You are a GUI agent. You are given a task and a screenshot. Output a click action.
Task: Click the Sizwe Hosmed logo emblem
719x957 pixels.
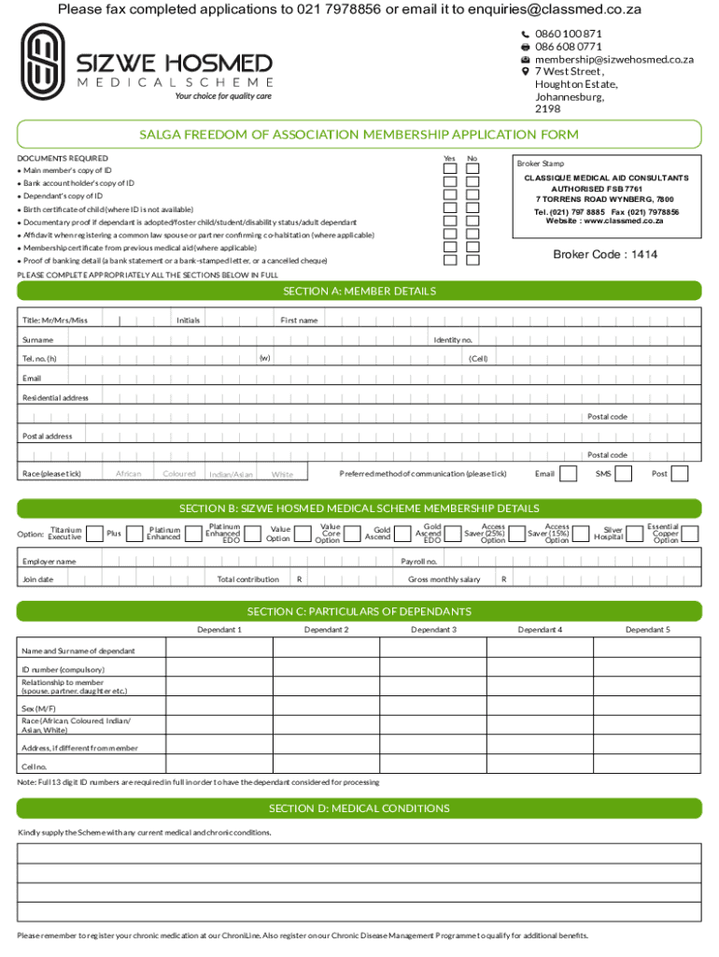coord(44,62)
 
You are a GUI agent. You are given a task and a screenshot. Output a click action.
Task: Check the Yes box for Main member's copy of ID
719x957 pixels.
coord(450,169)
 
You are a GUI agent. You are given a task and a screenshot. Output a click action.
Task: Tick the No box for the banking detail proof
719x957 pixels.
coord(472,260)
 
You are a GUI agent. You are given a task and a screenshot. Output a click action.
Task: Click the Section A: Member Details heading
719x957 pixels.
coord(359,292)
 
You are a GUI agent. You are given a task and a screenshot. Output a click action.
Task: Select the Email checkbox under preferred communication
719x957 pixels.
coord(568,474)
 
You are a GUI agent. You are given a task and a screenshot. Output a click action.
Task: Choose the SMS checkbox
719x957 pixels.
coord(624,474)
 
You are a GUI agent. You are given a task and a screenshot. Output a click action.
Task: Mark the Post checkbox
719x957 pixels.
coord(680,474)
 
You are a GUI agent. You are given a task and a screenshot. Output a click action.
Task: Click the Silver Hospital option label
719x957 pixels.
coord(613,534)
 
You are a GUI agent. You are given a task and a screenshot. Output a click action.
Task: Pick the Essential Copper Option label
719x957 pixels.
coord(666,534)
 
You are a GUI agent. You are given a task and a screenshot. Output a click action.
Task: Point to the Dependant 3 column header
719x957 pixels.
coord(434,630)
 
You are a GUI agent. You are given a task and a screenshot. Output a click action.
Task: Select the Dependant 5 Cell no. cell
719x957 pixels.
coord(647,766)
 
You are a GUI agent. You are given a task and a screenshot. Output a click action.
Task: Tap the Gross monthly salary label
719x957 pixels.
coord(444,579)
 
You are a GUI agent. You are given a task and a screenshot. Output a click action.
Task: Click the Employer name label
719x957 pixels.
coord(49,562)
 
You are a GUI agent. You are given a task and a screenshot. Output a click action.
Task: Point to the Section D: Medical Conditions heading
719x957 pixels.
coord(359,808)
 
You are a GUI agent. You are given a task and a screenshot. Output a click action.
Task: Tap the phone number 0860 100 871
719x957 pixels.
coord(569,34)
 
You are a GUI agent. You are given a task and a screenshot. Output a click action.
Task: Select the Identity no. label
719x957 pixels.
coord(453,340)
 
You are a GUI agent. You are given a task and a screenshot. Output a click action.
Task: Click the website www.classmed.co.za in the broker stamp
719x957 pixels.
coord(605,221)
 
